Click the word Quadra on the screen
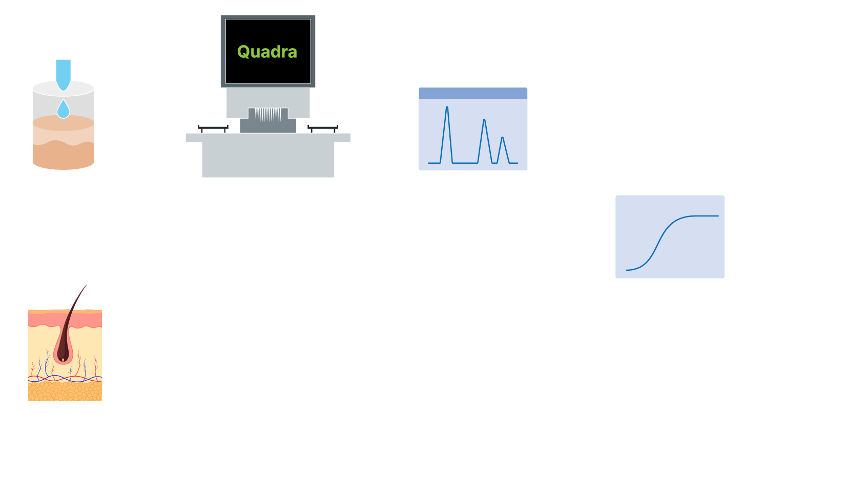267,52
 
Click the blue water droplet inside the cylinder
63,109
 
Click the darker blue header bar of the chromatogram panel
473,93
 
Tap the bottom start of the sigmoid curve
627,270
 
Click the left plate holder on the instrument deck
213,127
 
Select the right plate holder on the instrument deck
323,127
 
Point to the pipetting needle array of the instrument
268,115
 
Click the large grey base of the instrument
268,159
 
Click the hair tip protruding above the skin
86,286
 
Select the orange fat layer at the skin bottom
65,391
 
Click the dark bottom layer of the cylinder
63,157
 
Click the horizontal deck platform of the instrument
268,138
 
